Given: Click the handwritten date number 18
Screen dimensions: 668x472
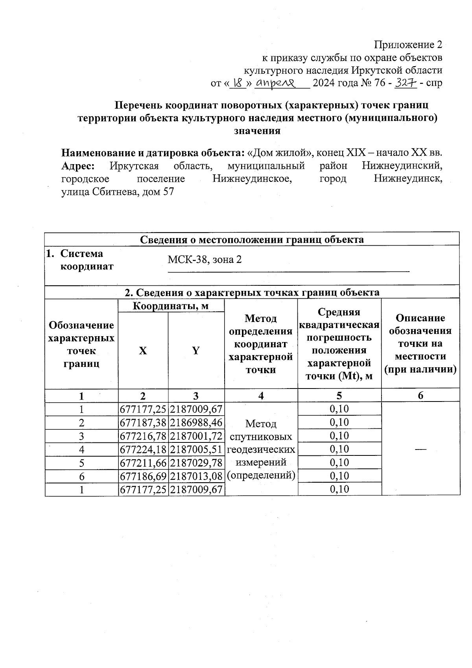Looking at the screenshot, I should (238, 83).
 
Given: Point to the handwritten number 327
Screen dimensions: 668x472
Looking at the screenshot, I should (405, 83).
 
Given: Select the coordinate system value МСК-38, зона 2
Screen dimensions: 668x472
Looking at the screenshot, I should (205, 260).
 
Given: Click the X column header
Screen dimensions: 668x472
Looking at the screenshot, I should (143, 351).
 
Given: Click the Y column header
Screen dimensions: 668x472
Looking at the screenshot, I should (196, 351).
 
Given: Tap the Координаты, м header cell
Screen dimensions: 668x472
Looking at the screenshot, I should (171, 306).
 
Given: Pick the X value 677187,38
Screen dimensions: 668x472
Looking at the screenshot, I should (143, 423).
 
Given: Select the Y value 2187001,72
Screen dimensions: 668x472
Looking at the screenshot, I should (196, 436).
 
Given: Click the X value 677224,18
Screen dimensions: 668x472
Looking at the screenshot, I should (143, 450).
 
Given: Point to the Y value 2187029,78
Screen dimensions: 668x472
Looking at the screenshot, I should (196, 463).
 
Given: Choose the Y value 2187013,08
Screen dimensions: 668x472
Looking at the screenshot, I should (196, 476).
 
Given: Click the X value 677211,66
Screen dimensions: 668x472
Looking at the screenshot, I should (143, 463).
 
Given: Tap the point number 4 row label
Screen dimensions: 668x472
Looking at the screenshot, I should (81, 450).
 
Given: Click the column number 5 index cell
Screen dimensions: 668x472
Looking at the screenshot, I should (339, 396).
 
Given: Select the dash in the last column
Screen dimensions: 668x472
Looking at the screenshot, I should (420, 449).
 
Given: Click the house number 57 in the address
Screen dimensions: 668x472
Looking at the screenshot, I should (168, 192).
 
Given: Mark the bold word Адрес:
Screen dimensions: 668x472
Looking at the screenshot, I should (78, 166).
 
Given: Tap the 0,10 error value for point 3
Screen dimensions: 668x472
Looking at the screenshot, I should (339, 436).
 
